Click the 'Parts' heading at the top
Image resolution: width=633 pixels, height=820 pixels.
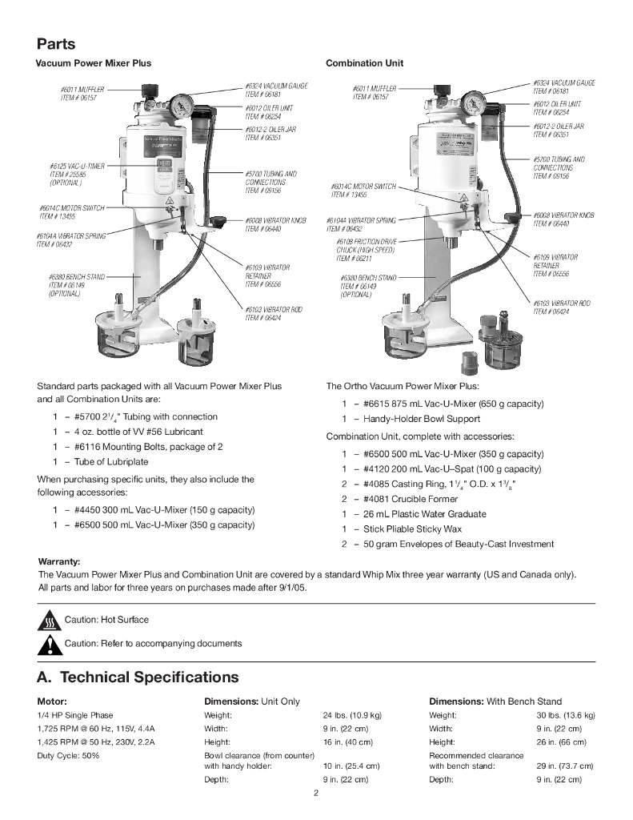(x=56, y=43)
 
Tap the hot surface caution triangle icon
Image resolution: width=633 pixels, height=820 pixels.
(x=50, y=621)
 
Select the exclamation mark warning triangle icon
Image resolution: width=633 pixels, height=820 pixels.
(x=50, y=644)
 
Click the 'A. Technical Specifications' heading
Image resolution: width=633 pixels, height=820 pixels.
(x=138, y=677)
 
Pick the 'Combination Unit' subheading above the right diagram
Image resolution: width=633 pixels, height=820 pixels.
(x=364, y=63)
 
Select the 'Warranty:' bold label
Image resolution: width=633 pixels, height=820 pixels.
(x=60, y=561)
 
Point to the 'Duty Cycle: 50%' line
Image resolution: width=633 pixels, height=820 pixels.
(x=68, y=755)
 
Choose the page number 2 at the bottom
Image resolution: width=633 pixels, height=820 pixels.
(x=316, y=794)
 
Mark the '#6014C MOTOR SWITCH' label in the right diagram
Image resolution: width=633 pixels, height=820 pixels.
(x=363, y=187)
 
